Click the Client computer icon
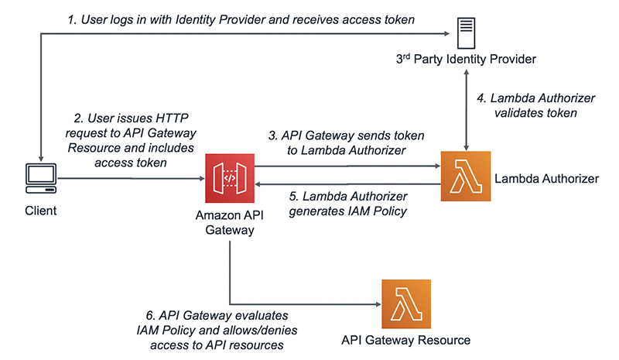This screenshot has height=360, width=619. tap(39, 179)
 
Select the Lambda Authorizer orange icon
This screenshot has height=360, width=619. tap(466, 177)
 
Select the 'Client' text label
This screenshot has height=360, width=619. tap(39, 210)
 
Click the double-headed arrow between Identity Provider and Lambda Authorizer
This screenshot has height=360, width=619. tap(466, 108)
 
